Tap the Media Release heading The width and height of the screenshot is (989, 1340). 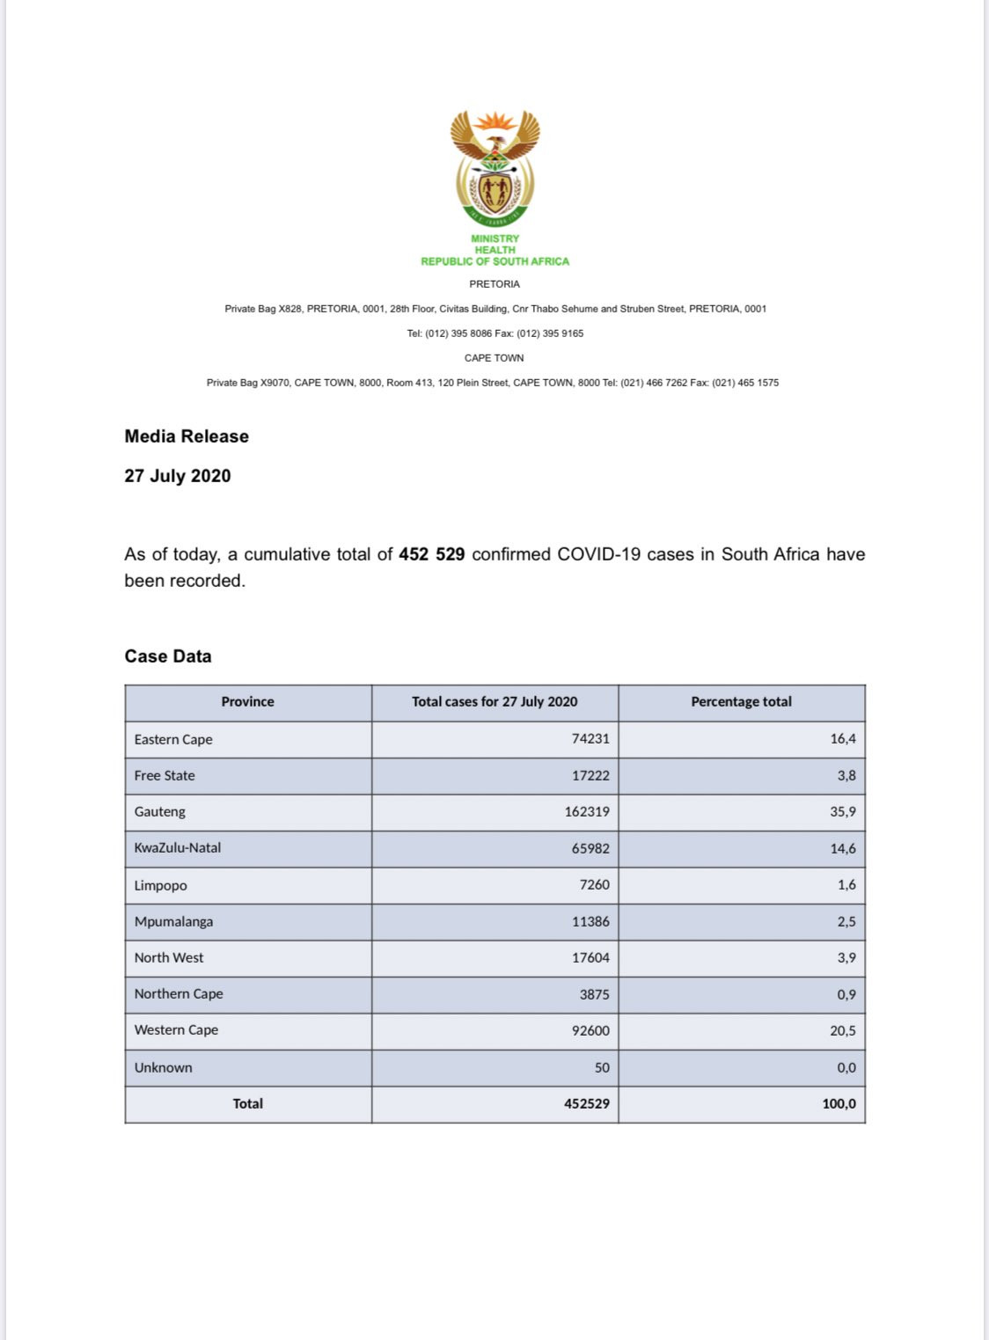(x=187, y=436)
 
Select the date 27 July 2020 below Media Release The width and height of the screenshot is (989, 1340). (x=178, y=476)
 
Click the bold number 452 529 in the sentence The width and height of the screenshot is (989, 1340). (x=431, y=554)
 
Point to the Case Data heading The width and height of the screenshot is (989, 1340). (x=168, y=656)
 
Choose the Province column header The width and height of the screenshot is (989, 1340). (x=247, y=702)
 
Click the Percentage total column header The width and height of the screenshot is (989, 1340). (x=741, y=702)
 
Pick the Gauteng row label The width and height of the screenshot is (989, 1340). (x=160, y=811)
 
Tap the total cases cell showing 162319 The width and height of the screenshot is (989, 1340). (x=587, y=811)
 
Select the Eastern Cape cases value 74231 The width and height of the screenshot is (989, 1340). (x=590, y=739)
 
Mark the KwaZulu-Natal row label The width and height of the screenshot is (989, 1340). (x=178, y=848)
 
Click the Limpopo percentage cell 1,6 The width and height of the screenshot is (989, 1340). (x=846, y=885)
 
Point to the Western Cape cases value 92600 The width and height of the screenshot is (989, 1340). (x=590, y=1030)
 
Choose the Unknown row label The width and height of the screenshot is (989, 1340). (x=164, y=1067)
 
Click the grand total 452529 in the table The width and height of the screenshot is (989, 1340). (x=587, y=1103)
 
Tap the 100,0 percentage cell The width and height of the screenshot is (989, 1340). (x=839, y=1103)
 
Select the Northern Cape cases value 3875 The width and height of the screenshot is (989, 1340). (x=594, y=994)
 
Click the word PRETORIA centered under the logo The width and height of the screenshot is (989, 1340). (x=494, y=284)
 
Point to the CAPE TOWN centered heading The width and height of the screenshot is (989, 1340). (x=494, y=358)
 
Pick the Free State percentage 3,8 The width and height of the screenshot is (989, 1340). (x=846, y=775)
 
